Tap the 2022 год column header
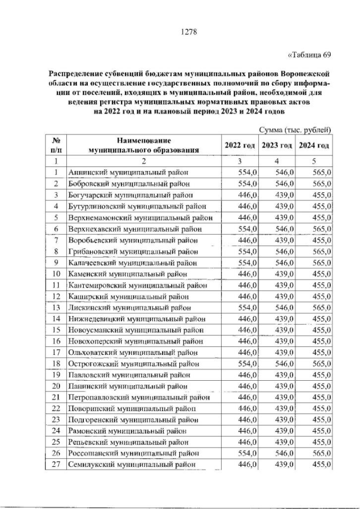point(240,145)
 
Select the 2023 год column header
point(277,145)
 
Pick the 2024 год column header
point(314,145)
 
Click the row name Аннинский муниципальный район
point(127,172)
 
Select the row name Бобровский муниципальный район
point(129,183)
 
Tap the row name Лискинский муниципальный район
point(129,308)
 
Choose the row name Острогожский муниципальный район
point(134,364)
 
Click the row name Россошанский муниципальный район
point(133,453)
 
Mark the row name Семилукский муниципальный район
point(132,465)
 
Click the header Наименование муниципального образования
point(144,145)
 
